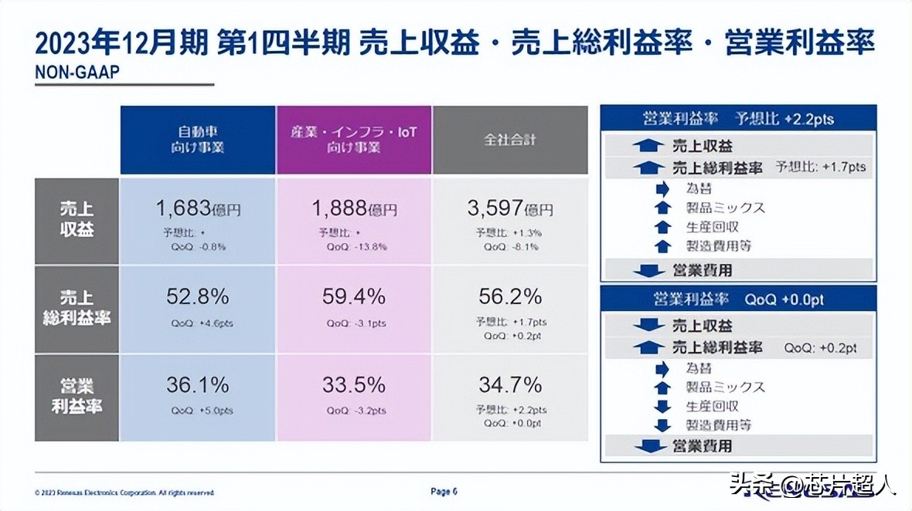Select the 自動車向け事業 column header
pos(197,140)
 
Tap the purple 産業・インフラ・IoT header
pos(353,140)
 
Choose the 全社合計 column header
pos(510,140)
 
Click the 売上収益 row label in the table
pos(77,220)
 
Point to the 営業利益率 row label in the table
pos(77,396)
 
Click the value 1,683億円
pos(199,208)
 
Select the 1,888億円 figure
pos(355,208)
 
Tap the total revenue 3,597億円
pos(510,208)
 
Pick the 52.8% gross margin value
pos(198,296)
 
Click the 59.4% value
pos(354,296)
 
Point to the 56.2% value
pos(510,296)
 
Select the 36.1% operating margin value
pos(198,384)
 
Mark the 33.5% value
pos(354,384)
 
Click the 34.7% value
pos(510,384)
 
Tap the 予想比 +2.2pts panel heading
pos(738,119)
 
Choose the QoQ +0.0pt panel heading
pos(738,299)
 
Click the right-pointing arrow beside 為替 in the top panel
pos(662,188)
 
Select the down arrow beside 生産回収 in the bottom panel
pos(662,406)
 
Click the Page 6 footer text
pos(444,491)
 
